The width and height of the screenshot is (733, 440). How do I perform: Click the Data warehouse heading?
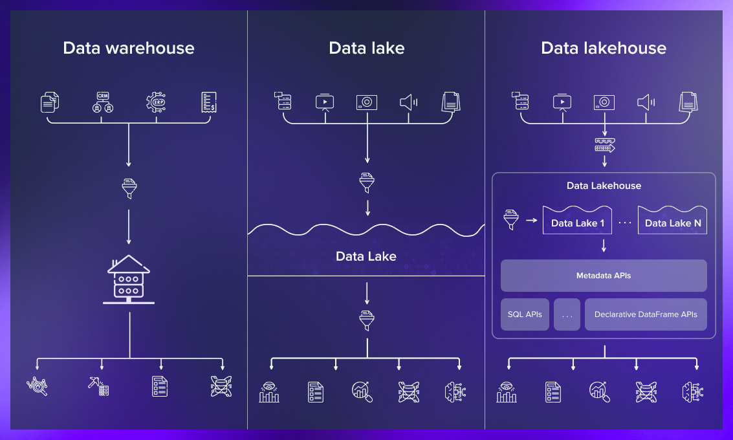[128, 48]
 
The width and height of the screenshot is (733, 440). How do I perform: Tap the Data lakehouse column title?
[603, 48]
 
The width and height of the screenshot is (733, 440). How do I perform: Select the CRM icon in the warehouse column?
[103, 102]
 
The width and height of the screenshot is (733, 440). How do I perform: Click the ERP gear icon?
[156, 102]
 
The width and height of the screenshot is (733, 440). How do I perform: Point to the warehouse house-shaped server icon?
[129, 279]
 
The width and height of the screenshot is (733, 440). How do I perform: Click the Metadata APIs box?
[603, 276]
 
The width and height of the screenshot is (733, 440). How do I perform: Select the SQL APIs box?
[525, 314]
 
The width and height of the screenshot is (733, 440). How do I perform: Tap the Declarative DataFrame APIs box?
[645, 314]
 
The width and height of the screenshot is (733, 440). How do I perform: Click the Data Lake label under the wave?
[366, 256]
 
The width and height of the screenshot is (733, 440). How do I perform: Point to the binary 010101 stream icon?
[604, 146]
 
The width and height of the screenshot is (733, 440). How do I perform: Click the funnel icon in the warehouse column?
[129, 188]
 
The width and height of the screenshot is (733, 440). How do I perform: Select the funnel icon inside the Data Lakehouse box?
[512, 220]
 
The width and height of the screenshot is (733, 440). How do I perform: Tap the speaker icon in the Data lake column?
[408, 102]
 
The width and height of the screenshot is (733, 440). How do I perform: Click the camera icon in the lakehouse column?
[604, 102]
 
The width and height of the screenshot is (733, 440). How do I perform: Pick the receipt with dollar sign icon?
[208, 102]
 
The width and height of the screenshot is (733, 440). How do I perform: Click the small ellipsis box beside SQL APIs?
[567, 314]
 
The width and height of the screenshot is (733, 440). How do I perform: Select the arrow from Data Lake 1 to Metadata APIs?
[604, 246]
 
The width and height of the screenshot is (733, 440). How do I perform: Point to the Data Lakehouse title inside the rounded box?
[604, 186]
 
